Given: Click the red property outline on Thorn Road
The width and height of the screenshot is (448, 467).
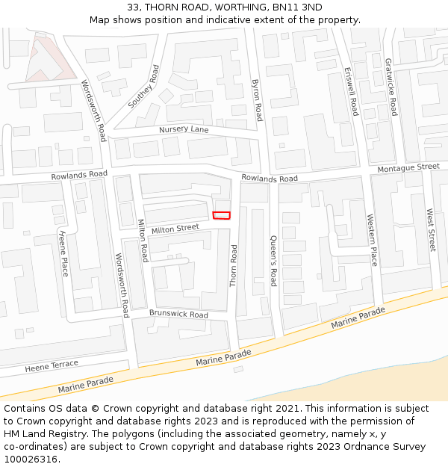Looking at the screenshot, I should click(x=222, y=215).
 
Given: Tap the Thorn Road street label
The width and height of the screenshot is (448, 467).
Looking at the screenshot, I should click(x=233, y=265).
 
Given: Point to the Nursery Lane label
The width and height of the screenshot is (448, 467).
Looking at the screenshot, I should click(x=184, y=129).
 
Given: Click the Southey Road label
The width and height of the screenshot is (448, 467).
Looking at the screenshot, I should click(x=143, y=87).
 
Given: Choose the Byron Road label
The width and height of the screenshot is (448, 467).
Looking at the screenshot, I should click(x=258, y=100).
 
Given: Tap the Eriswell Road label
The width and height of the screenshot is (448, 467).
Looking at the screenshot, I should click(x=351, y=92).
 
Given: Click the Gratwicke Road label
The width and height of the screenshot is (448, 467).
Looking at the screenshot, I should click(x=391, y=87).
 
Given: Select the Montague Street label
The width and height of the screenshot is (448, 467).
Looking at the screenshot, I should click(x=408, y=167).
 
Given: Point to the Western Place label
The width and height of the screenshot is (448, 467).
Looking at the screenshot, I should click(x=372, y=239).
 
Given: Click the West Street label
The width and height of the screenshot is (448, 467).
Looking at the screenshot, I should click(x=430, y=230).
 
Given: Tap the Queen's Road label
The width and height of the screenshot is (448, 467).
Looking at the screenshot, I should click(x=273, y=261).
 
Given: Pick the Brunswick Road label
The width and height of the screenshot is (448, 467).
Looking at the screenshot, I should click(x=178, y=315).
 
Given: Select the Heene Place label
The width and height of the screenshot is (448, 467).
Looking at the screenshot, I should click(x=63, y=253).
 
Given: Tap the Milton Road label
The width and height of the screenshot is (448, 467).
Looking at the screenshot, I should click(x=143, y=240).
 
